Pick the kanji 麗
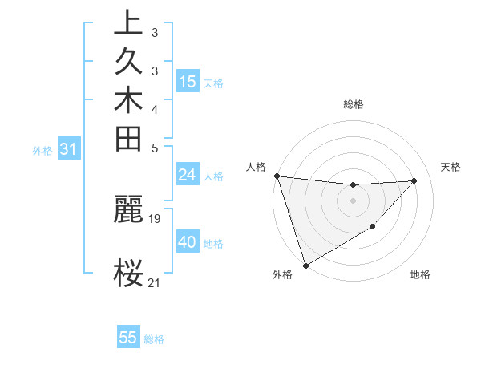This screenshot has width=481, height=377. click(x=128, y=209)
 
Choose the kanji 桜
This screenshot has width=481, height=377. click(x=128, y=274)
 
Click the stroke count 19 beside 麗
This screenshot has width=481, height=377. click(x=156, y=217)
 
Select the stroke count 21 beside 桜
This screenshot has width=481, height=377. click(x=155, y=282)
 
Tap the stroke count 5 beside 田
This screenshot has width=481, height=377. click(x=155, y=147)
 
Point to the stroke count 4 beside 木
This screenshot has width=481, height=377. click(x=155, y=108)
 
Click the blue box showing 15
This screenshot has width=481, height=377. click(x=188, y=82)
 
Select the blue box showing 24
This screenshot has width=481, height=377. click(x=188, y=176)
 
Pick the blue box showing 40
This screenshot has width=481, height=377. click(x=188, y=242)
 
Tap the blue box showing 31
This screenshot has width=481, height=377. click(x=69, y=148)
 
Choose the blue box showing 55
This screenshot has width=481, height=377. click(x=128, y=338)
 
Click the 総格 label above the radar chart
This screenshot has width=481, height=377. click(x=354, y=104)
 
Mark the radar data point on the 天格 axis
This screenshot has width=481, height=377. click(x=414, y=180)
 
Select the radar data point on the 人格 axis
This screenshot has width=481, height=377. click(x=277, y=176)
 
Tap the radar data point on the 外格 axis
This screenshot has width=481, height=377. click(x=305, y=266)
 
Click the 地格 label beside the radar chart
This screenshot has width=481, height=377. click(x=420, y=274)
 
